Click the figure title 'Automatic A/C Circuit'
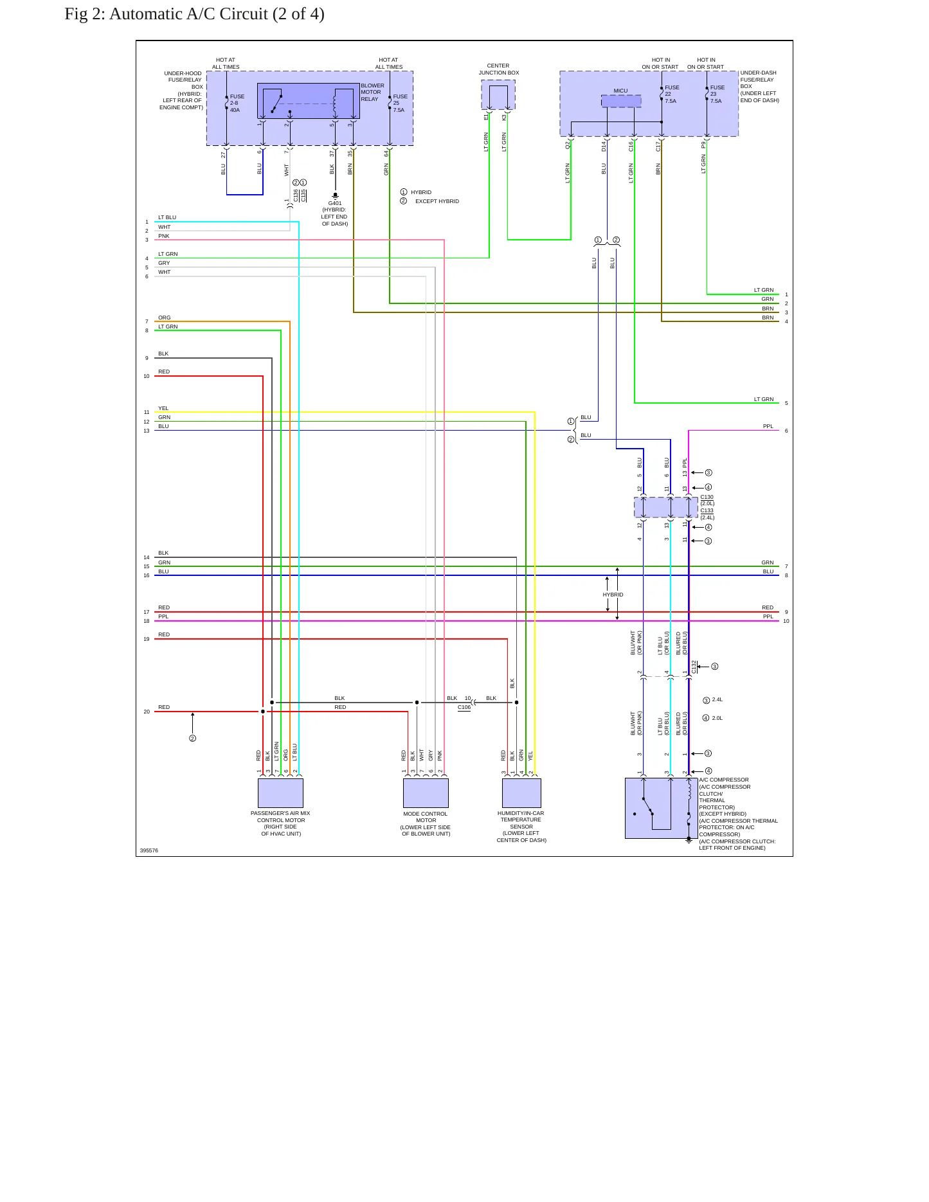pyautogui.click(x=188, y=14)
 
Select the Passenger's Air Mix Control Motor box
pyautogui.click(x=280, y=793)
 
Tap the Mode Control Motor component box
pyautogui.click(x=426, y=793)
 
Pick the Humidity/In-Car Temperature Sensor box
pyautogui.click(x=521, y=793)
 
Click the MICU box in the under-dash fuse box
pyautogui.click(x=621, y=101)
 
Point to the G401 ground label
pyautogui.click(x=335, y=203)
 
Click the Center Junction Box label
pyautogui.click(x=499, y=69)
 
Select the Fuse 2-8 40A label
pyautogui.click(x=237, y=103)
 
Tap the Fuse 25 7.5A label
pyautogui.click(x=400, y=103)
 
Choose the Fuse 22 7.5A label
pyautogui.click(x=672, y=94)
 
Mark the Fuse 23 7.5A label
pyautogui.click(x=717, y=94)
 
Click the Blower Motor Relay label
pyautogui.click(x=372, y=92)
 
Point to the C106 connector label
pyautogui.click(x=464, y=707)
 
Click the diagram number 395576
pyautogui.click(x=149, y=850)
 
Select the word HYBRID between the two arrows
pyautogui.click(x=613, y=595)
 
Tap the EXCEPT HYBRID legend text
pyautogui.click(x=437, y=201)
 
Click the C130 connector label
pyautogui.click(x=707, y=497)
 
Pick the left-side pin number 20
pyautogui.click(x=147, y=712)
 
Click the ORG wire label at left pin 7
pyautogui.click(x=165, y=318)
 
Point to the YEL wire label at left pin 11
pyautogui.click(x=163, y=408)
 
